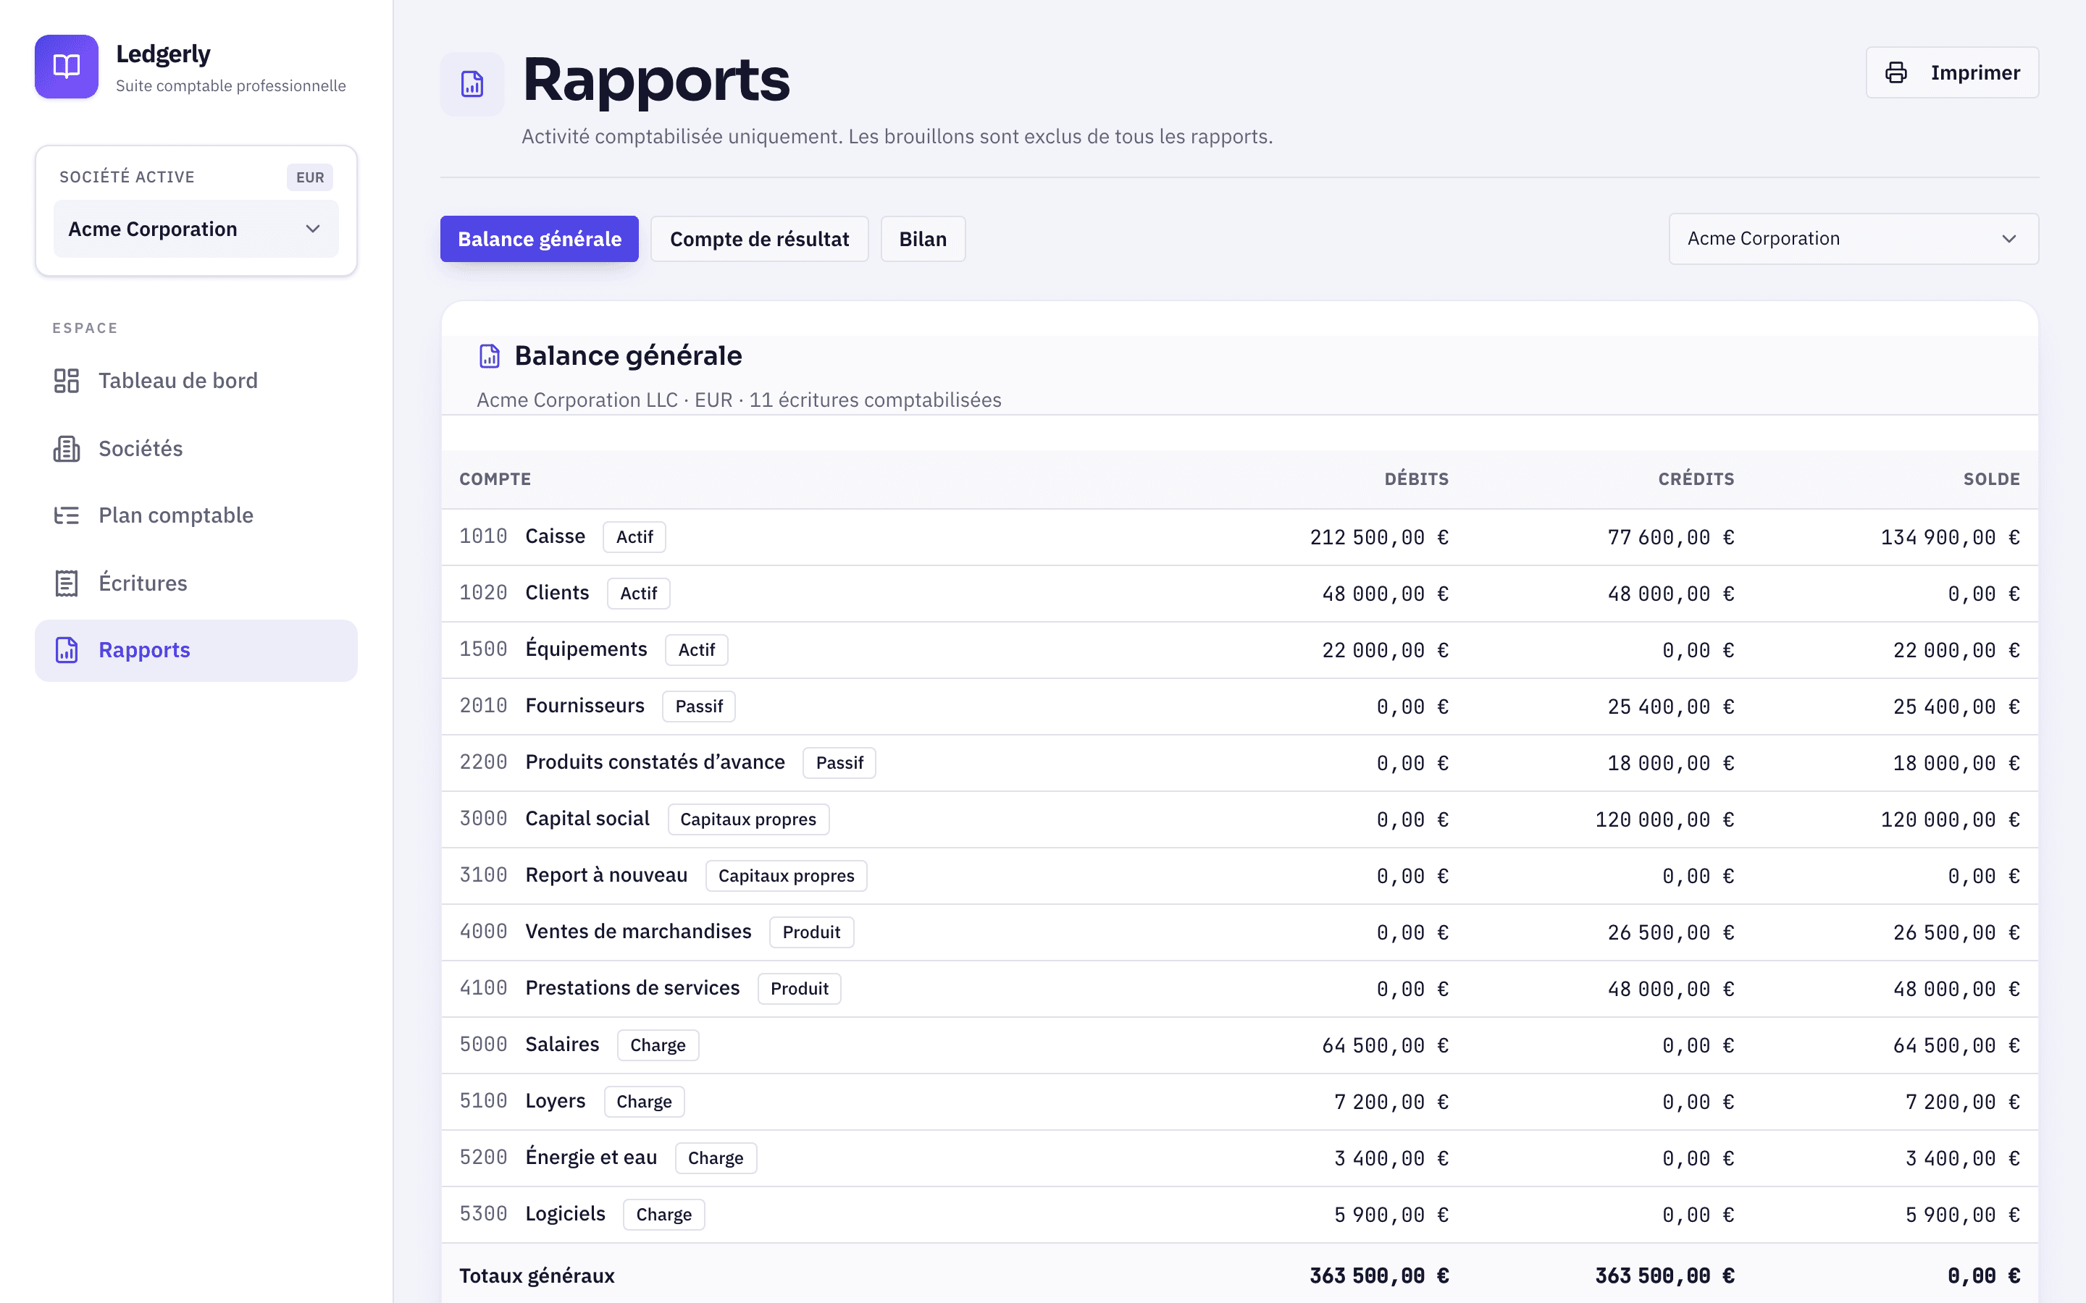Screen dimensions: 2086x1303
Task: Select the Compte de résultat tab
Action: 759,239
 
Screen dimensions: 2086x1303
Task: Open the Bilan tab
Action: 922,239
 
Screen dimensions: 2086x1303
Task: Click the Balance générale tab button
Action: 540,239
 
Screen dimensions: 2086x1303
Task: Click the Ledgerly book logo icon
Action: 67,67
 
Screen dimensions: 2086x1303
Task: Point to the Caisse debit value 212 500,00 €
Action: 1379,537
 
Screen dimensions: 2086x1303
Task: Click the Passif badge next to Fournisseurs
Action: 698,707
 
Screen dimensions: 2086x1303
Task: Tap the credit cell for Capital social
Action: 1664,819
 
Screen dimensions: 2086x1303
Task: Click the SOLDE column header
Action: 1991,479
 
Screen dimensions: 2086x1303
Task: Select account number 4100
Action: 482,987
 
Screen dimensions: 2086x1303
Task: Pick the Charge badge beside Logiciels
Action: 663,1214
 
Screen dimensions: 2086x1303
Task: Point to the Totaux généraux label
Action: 537,1275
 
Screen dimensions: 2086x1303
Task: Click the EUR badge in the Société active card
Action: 310,177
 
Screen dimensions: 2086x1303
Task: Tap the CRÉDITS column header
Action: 1696,479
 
